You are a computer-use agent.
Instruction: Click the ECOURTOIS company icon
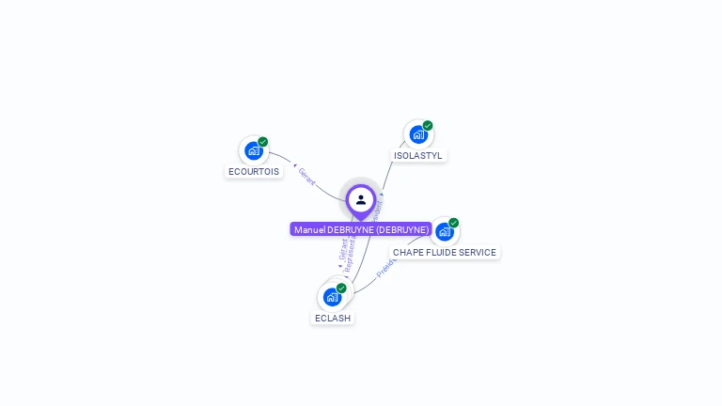point(253,149)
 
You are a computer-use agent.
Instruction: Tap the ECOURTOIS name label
point(254,172)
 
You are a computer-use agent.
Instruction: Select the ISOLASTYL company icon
point(417,134)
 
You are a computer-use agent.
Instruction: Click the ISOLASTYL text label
point(418,156)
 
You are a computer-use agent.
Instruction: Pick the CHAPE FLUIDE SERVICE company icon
point(444,231)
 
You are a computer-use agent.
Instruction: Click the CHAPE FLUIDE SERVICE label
point(445,253)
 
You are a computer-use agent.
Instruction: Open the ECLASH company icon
point(332,297)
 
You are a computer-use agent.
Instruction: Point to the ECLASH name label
point(333,319)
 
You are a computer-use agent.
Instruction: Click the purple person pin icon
point(361,200)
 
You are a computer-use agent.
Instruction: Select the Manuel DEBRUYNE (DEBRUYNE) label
point(361,229)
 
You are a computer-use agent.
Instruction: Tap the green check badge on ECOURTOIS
point(263,142)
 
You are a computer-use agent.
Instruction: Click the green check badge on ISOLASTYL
point(428,126)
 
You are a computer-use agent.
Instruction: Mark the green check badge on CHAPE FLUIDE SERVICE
point(454,223)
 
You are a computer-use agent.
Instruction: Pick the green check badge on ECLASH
point(342,289)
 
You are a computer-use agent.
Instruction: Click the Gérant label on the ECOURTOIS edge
point(306,176)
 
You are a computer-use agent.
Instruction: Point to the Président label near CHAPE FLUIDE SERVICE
point(385,268)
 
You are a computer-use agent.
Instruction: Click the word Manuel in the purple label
point(308,229)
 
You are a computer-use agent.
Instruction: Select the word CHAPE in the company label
point(407,253)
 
